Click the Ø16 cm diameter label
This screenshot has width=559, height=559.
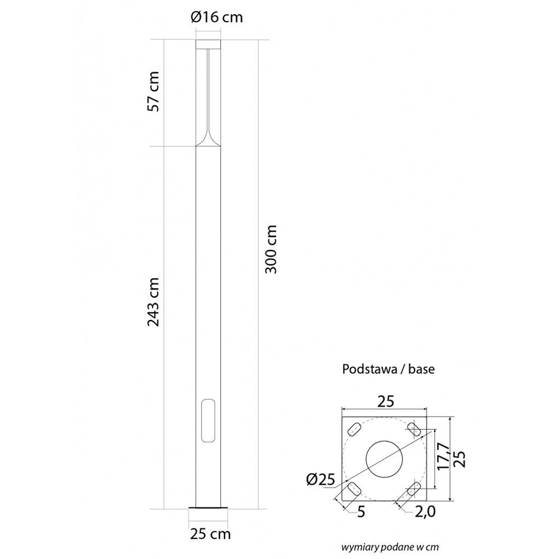[217, 17]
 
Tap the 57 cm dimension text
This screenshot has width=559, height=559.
[154, 92]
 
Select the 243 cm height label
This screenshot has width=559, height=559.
[154, 302]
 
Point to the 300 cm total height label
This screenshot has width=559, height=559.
[271, 249]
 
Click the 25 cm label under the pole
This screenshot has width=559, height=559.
[210, 534]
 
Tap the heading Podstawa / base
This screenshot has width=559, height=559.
[389, 368]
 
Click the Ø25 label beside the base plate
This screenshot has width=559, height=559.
[320, 480]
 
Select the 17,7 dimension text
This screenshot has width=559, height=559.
[443, 456]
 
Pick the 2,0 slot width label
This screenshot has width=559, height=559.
[425, 511]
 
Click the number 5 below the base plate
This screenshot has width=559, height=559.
[361, 512]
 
